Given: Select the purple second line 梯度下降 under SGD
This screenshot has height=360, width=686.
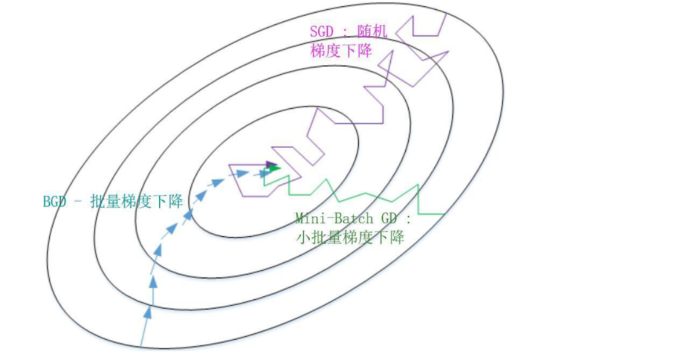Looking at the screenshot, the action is pos(341,50).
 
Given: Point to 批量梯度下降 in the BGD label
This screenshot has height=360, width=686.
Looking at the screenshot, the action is pos(137,201).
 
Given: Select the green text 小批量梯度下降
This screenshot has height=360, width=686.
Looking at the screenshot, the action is pos(350,237).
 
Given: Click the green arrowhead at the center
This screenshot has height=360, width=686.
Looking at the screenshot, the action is pos(275,168).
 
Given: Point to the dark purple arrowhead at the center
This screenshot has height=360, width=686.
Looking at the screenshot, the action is pos(270,164).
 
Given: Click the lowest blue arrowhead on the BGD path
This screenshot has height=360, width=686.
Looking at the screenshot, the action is pos(147,312).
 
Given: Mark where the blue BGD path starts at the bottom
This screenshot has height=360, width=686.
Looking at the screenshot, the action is pos(141,346).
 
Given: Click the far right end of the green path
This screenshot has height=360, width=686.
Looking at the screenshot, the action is pos(443,215).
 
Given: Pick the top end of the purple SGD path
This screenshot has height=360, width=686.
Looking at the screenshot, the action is pos(446,14).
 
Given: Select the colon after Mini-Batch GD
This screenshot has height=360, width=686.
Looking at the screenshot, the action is pos(409,219).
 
